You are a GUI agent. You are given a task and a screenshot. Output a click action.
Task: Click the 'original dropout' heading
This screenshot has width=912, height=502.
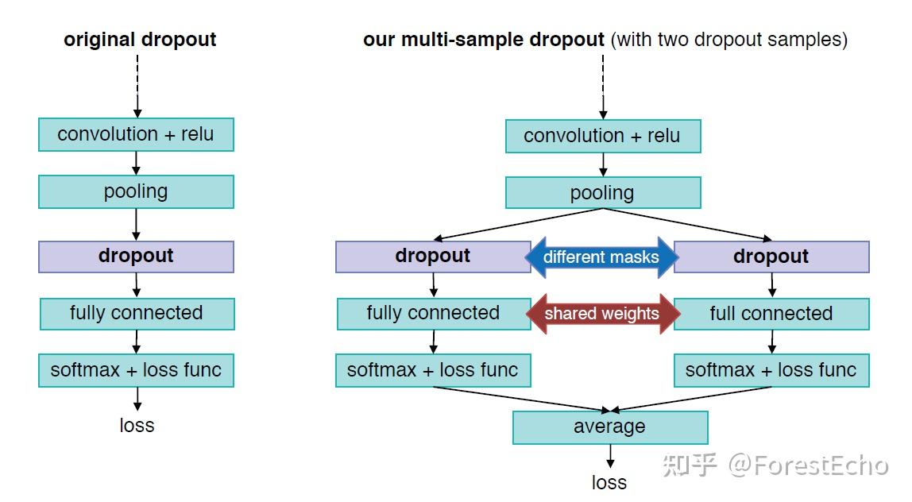[140, 40]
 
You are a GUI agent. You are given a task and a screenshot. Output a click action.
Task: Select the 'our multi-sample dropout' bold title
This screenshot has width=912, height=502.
[483, 40]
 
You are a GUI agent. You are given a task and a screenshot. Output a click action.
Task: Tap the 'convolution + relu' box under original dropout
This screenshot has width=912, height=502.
[136, 134]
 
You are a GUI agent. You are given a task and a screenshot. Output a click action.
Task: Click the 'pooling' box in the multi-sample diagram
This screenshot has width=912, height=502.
[603, 192]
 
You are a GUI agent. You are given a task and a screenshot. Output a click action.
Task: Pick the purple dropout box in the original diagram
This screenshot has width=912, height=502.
[136, 256]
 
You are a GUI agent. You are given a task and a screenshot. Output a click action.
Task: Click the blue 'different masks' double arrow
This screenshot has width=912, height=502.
[601, 257]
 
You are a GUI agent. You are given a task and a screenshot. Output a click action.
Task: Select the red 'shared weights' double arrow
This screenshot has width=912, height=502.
[601, 314]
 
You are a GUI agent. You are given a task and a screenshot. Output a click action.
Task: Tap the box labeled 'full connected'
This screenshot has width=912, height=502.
[771, 314]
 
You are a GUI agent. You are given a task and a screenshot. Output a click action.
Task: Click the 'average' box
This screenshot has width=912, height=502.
[609, 427]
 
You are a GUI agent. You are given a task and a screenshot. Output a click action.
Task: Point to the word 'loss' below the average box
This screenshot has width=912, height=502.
[609, 482]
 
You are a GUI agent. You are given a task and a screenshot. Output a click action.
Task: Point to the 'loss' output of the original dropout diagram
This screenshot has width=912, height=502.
[137, 425]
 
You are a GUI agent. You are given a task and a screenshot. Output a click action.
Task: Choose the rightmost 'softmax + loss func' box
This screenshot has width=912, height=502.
[771, 370]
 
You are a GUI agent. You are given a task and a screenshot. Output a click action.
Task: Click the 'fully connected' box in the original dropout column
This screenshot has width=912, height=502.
[137, 314]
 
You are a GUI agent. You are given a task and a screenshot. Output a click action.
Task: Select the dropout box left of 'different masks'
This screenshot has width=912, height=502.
[433, 257]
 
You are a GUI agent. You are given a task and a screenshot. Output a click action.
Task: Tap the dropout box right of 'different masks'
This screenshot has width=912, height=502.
[771, 257]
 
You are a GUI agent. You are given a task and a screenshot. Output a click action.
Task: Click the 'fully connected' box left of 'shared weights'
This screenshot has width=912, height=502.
[433, 314]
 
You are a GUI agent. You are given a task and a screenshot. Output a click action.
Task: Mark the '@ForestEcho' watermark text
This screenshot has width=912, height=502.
[808, 465]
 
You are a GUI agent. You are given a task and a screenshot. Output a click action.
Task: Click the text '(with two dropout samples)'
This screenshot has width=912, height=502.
[728, 40]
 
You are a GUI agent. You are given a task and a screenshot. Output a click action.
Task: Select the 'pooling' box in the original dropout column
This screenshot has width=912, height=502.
[136, 191]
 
